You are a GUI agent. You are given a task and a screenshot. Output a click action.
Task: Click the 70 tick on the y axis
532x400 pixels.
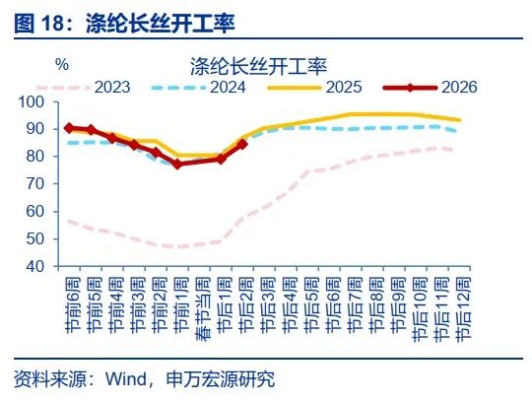(x=35, y=184)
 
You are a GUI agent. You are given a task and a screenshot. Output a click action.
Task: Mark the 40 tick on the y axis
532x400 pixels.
(x=35, y=266)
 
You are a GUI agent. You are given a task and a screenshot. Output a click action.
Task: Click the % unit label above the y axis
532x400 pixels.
(x=61, y=65)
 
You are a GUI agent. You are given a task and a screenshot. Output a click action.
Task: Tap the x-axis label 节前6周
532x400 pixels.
(x=69, y=300)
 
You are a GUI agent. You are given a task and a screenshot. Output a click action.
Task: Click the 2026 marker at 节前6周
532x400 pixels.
(x=69, y=128)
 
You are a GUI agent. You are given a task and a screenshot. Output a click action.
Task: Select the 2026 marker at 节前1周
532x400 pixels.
(x=177, y=164)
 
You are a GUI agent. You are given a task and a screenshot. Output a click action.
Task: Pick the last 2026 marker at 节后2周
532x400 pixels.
(x=242, y=144)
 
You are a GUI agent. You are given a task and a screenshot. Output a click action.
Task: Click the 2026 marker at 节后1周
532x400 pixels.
(x=221, y=158)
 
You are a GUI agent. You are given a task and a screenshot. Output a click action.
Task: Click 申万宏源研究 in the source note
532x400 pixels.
(x=226, y=379)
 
